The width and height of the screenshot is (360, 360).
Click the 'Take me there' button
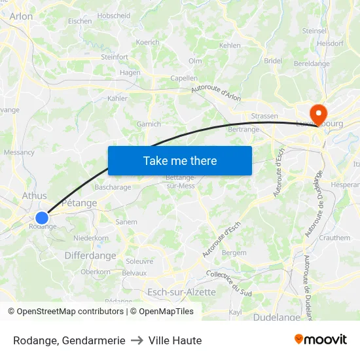(x=180, y=161)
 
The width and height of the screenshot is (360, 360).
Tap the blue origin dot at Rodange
(x=42, y=218)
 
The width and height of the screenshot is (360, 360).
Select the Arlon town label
(x=21, y=16)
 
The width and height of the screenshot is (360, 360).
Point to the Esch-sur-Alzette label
(x=181, y=292)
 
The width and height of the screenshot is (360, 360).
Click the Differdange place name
(x=90, y=256)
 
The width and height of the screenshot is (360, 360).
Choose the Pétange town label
(x=79, y=203)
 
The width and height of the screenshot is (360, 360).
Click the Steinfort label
(x=115, y=57)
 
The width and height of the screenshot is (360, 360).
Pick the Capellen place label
(x=184, y=78)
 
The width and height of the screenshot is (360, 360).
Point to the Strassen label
(x=264, y=116)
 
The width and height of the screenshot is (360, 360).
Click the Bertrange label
(x=243, y=130)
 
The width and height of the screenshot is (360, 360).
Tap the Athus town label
(x=34, y=195)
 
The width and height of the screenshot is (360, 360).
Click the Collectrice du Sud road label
(x=229, y=282)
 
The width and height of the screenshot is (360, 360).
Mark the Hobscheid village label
(x=113, y=15)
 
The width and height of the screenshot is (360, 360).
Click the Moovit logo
(x=320, y=340)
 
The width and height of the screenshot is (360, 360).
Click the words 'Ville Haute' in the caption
(x=175, y=340)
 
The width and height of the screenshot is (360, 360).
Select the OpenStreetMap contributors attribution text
(x=70, y=312)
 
